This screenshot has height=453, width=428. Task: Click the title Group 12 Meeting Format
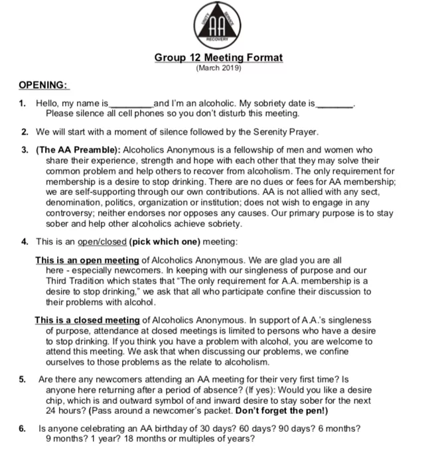[x=218, y=58]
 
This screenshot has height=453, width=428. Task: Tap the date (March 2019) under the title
[x=219, y=68]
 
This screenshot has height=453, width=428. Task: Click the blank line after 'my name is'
[x=130, y=105]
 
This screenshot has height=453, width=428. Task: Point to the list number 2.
[x=24, y=131]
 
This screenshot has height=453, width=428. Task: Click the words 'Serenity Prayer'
[x=287, y=131]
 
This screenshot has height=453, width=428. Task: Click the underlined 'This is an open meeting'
[x=87, y=260]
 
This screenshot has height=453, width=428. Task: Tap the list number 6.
[x=23, y=428]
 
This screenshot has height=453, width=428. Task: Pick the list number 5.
[x=23, y=379]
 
